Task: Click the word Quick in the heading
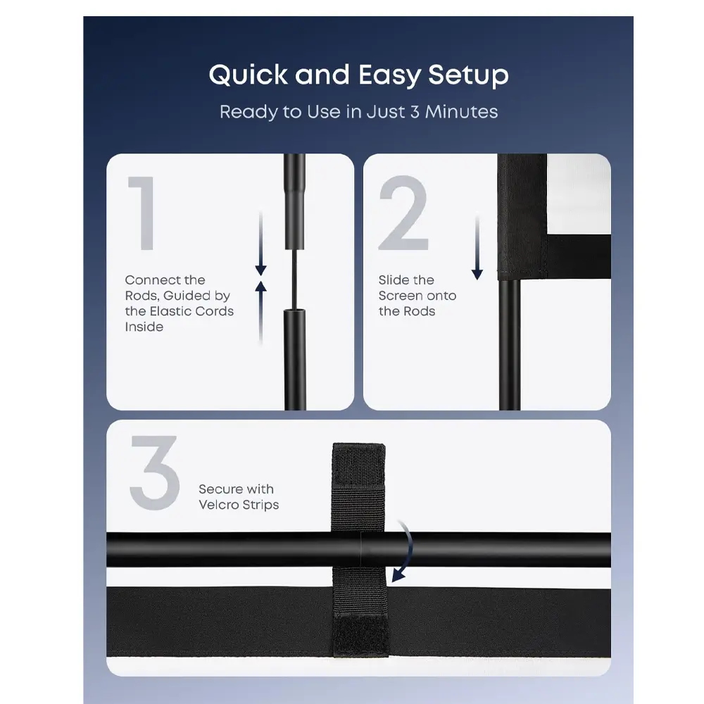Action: [x=248, y=75]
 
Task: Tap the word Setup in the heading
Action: [x=468, y=75]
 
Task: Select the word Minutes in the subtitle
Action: [x=462, y=112]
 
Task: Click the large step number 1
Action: [x=143, y=213]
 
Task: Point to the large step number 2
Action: [x=403, y=213]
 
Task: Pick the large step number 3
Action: [x=155, y=473]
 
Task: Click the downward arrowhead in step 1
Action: [x=261, y=270]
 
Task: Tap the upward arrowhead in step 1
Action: [x=261, y=287]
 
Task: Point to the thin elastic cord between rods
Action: [x=294, y=279]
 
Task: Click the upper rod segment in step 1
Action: [x=295, y=201]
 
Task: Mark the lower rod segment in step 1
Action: [x=295, y=359]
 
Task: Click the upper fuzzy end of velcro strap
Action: [x=359, y=465]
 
